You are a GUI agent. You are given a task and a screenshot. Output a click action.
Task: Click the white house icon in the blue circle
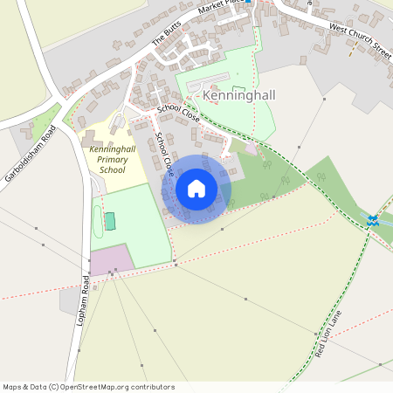point(196,189)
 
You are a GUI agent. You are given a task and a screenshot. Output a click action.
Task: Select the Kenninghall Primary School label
point(112,159)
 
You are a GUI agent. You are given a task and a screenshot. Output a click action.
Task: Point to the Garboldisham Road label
point(30,153)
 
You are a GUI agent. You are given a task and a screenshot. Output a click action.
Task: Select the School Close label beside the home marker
point(163,150)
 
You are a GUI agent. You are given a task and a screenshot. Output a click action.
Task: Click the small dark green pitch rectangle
point(110,221)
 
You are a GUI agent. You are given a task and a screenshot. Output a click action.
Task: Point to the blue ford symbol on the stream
point(374,220)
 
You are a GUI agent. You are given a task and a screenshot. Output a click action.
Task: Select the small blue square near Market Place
point(248,2)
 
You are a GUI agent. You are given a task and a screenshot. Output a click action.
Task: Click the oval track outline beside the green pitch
point(98,222)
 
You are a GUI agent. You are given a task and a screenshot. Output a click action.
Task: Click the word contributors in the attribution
point(154,387)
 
